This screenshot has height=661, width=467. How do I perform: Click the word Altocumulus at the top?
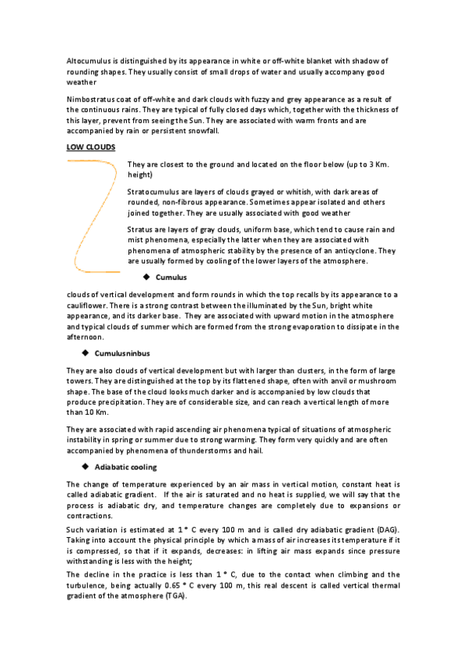pyautogui.click(x=88, y=61)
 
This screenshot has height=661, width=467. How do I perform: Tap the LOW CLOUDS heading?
pyautogui.click(x=91, y=147)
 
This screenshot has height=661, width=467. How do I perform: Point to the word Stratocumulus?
pyautogui.click(x=154, y=191)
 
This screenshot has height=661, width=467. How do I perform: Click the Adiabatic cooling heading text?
pyautogui.click(x=125, y=467)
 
